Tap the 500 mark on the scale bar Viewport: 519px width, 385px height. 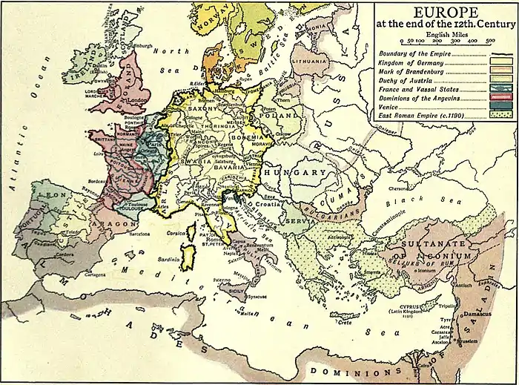click(x=491, y=42)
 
